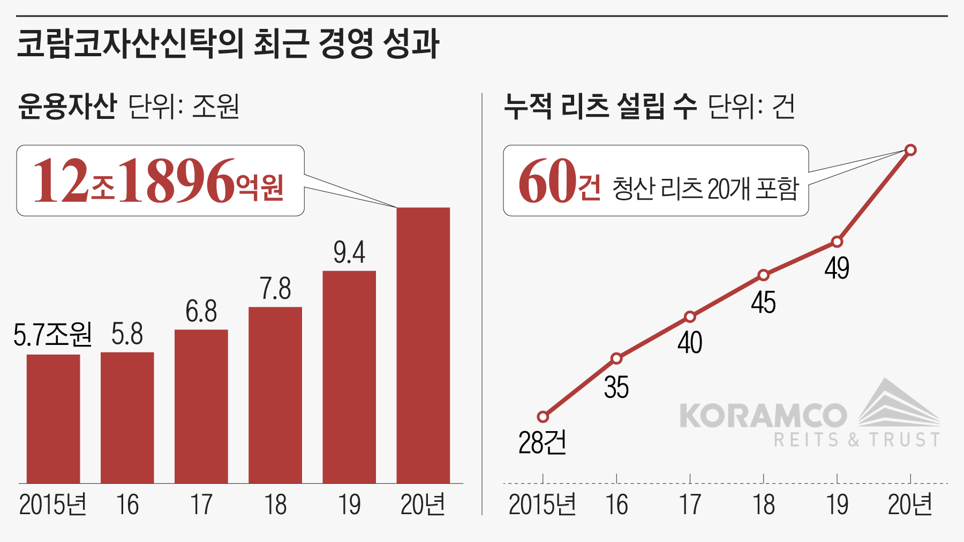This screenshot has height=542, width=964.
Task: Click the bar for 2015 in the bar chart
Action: click(x=53, y=418)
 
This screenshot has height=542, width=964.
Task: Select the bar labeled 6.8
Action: click(x=201, y=406)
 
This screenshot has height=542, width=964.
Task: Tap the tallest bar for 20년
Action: click(x=423, y=345)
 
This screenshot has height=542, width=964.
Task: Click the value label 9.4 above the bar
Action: click(x=349, y=252)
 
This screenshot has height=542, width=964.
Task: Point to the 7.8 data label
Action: click(x=275, y=289)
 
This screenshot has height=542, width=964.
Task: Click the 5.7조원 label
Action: click(x=52, y=335)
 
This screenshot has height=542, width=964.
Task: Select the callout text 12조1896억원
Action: click(x=159, y=181)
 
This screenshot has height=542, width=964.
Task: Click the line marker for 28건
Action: click(x=543, y=417)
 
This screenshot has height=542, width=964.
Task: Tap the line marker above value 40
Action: click(x=690, y=317)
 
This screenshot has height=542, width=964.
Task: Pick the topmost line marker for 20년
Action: click(x=910, y=150)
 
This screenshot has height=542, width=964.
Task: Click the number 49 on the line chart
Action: click(x=837, y=268)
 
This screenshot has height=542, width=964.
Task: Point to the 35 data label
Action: click(x=616, y=387)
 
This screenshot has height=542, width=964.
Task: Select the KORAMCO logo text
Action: click(x=763, y=416)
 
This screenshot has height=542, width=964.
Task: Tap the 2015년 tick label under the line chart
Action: click(x=542, y=505)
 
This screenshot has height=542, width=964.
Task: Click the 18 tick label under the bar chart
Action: click(x=275, y=505)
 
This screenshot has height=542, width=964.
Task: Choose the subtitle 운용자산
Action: click(x=67, y=106)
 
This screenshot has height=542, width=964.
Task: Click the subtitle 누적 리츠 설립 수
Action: click(x=600, y=106)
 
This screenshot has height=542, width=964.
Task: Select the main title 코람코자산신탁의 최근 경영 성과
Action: click(x=228, y=43)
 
